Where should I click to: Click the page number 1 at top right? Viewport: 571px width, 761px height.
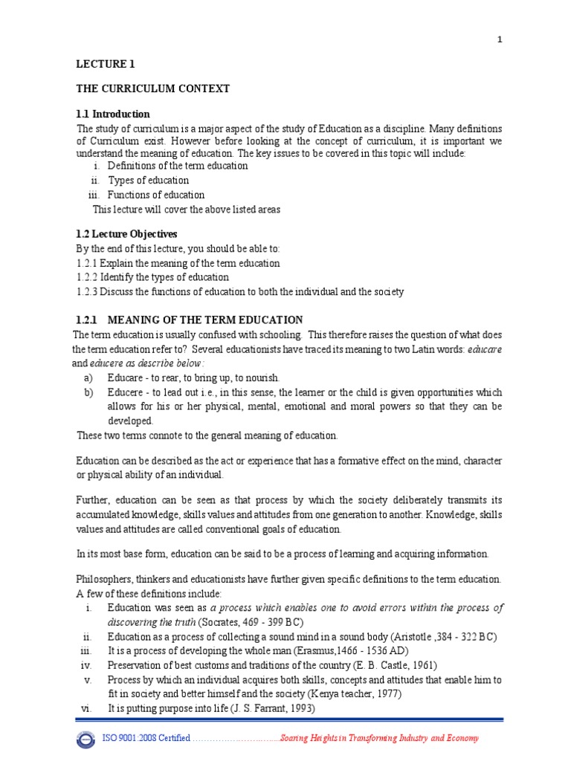click(x=500, y=41)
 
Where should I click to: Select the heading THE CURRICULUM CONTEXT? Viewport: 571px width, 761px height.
click(x=153, y=89)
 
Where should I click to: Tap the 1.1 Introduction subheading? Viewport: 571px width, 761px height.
click(x=113, y=114)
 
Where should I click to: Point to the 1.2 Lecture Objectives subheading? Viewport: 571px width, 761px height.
click(x=127, y=234)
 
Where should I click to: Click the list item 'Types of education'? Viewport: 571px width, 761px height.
click(x=149, y=181)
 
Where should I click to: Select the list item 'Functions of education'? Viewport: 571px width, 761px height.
click(x=156, y=195)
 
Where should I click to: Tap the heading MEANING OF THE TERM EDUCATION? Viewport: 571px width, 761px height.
click(x=205, y=320)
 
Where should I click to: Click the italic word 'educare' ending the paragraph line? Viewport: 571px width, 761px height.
click(x=485, y=349)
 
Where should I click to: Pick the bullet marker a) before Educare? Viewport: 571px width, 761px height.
click(x=88, y=378)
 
